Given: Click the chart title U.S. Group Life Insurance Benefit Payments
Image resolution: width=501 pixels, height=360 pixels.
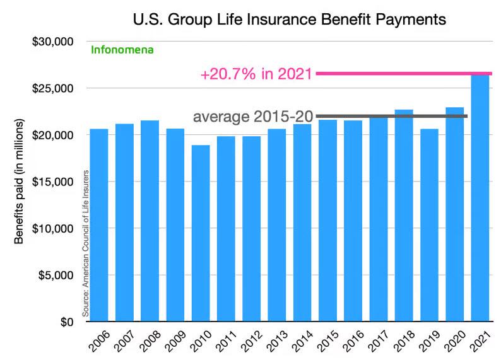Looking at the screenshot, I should coord(290,20).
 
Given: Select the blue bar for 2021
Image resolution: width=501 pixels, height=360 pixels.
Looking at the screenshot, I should coord(480,202).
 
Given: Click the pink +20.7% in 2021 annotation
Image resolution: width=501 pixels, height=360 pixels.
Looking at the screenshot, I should coord(257,74).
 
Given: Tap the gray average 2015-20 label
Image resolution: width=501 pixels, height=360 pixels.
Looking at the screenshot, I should coord(252,117).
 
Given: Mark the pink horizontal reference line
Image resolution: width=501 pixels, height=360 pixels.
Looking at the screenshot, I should coord(404,74).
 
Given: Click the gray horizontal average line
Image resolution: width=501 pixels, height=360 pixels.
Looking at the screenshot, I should coord(391,116).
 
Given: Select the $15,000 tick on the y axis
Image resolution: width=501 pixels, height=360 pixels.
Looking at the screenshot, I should coord(54,182).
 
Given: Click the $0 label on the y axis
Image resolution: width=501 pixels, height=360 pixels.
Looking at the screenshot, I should coord(66,322).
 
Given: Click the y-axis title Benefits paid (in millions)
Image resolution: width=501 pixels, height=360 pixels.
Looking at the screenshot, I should coord(21,181).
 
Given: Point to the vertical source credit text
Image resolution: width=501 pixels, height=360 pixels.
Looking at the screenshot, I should coord(85,242).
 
